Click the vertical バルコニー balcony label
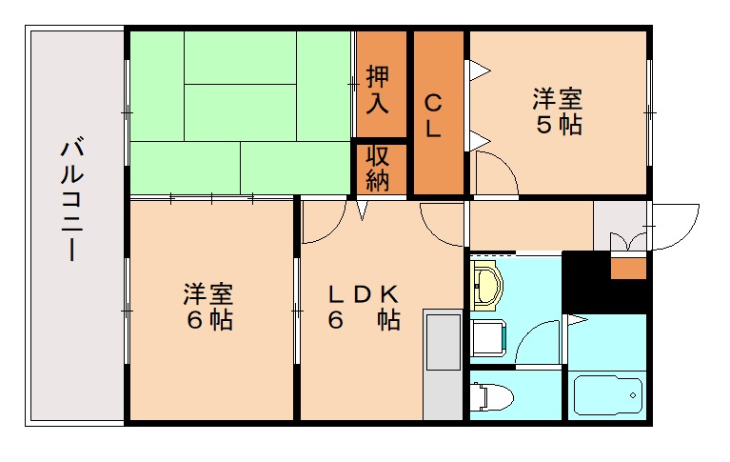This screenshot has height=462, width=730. coord(70,199)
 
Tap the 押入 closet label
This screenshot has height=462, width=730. coord(378,89)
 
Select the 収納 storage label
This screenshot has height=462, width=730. coord(378,169)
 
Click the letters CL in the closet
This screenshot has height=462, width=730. coord(433,115)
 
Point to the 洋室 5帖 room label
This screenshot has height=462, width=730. coord(558,111)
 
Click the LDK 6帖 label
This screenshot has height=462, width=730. coord(365,307)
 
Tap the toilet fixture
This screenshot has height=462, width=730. coord(493,394)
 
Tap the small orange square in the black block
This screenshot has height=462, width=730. coord(627,268)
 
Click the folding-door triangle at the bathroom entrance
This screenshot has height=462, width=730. coord(576,321)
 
